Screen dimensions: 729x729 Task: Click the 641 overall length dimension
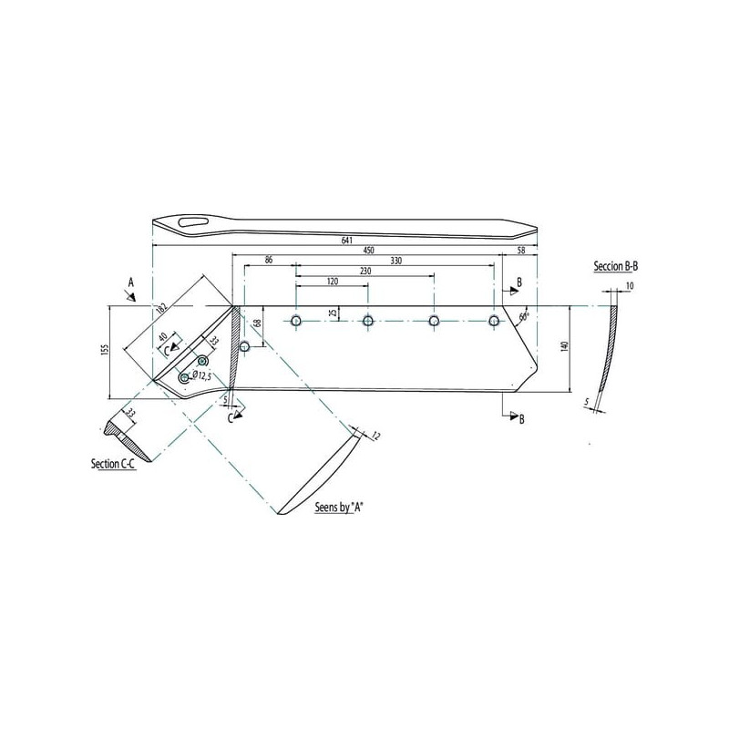point(347,241)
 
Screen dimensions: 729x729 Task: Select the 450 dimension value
point(368,251)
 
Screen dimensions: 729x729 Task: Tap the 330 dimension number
point(395,261)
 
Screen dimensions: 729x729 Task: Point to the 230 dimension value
point(365,271)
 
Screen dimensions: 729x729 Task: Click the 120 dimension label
point(333,282)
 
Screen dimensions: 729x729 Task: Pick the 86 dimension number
point(269,261)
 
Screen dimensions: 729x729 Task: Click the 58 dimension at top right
point(520,251)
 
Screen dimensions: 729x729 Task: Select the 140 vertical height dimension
point(565,347)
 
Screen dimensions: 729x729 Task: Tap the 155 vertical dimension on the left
point(105,350)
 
